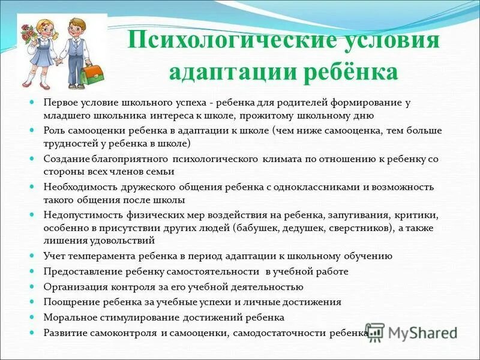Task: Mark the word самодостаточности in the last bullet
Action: [x=281, y=332]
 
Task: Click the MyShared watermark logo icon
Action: [x=375, y=332]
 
